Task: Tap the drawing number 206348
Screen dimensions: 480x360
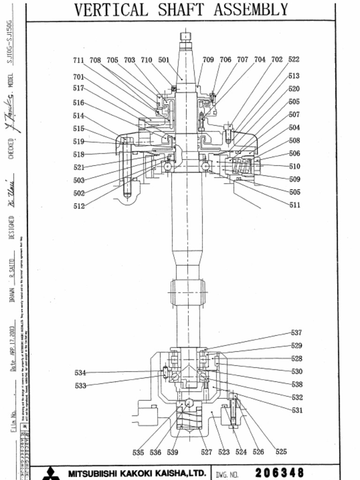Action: tap(279, 472)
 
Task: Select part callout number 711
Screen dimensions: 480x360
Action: tap(78, 60)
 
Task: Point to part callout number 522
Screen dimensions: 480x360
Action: tap(294, 60)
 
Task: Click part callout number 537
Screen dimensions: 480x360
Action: tap(296, 333)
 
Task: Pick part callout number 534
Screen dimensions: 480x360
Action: tap(80, 373)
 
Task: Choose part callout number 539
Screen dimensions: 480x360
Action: tap(172, 452)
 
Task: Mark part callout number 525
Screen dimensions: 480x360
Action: tap(281, 452)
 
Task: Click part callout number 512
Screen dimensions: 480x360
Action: tap(79, 206)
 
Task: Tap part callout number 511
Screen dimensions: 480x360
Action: tap(294, 205)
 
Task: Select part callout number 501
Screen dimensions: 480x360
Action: tap(164, 60)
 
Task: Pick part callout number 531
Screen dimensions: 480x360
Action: tap(297, 410)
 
